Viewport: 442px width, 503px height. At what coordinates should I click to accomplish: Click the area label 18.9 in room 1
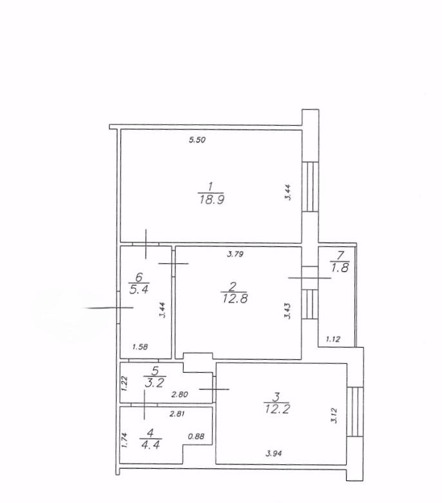(211, 200)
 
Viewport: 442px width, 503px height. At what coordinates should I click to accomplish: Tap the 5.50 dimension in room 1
(197, 140)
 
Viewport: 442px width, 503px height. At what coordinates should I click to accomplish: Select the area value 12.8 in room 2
(235, 299)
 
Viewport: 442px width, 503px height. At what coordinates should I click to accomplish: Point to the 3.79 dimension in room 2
(235, 254)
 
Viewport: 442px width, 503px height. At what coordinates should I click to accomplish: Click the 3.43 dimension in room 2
(287, 311)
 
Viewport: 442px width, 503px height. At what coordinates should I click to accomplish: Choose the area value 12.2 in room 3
(277, 409)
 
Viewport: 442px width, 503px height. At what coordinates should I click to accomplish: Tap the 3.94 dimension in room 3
(274, 453)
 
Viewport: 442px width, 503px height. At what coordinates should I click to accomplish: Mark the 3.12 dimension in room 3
(334, 415)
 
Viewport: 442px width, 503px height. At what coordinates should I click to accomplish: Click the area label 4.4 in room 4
(150, 445)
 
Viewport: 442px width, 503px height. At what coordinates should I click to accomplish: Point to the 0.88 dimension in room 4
(196, 437)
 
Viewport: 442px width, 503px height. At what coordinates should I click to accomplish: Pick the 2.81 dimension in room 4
(177, 414)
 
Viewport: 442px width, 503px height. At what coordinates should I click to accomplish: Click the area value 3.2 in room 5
(155, 382)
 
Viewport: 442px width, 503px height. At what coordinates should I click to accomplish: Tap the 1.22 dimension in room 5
(124, 383)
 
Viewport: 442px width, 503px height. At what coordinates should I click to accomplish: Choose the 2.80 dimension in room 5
(180, 395)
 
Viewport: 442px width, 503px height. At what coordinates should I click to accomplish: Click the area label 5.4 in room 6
(139, 290)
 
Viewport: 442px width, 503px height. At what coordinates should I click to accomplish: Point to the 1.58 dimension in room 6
(140, 347)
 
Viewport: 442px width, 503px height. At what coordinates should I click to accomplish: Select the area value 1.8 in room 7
(340, 268)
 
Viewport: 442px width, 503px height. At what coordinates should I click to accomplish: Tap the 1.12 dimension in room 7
(333, 339)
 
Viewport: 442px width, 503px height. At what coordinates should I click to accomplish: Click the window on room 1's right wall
(311, 186)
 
